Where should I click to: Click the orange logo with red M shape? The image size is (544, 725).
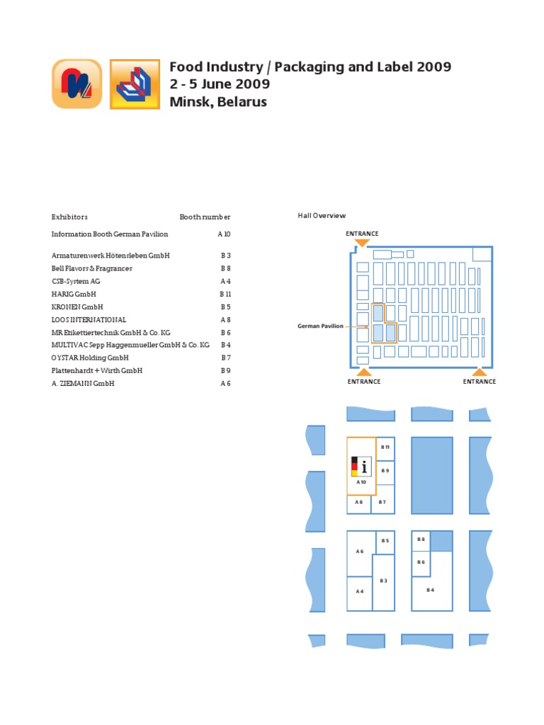[76, 84]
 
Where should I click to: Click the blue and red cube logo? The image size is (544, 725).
[135, 84]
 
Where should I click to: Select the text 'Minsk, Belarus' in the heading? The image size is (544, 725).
[218, 101]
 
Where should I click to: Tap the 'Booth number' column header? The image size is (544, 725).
[205, 217]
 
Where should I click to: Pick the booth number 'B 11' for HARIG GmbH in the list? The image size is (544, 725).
[225, 294]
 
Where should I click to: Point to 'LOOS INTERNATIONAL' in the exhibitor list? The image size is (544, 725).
[89, 319]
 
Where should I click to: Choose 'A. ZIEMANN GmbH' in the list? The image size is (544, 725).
[83, 383]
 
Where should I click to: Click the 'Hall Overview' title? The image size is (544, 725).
[322, 215]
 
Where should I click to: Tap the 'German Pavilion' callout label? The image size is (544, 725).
[320, 326]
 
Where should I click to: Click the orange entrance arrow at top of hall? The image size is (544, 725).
[362, 243]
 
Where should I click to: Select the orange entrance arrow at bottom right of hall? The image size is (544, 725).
[480, 372]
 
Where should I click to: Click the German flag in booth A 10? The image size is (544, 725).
[355, 467]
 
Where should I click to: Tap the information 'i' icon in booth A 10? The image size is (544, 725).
[365, 467]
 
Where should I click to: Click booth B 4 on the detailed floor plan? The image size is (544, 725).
[430, 589]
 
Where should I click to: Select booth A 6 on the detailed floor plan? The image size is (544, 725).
[360, 552]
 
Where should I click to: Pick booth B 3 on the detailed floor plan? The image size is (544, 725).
[383, 581]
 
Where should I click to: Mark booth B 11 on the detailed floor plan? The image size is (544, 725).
[385, 447]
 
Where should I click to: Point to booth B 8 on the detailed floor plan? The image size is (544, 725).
[421, 540]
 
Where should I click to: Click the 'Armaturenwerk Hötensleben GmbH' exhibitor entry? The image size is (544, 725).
[110, 255]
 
